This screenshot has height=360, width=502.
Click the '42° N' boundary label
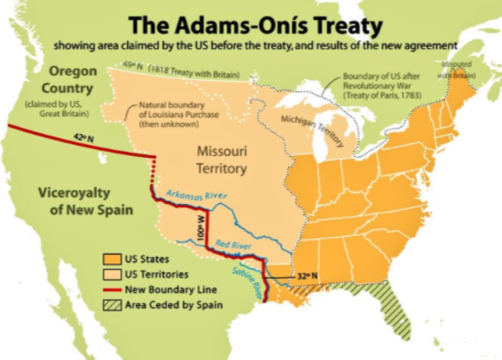(x=82, y=138)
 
